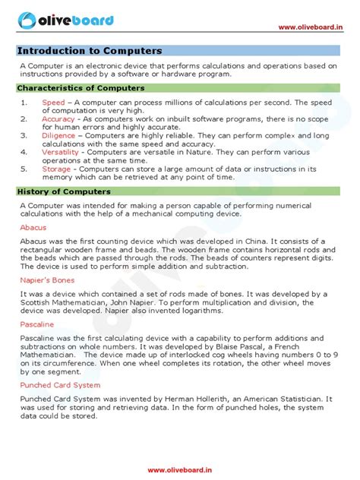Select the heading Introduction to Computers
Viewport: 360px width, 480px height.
coord(90,51)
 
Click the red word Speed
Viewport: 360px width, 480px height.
coord(53,102)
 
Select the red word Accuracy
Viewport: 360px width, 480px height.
coord(58,119)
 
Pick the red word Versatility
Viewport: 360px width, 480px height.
coord(61,152)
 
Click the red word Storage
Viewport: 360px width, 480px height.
coord(55,169)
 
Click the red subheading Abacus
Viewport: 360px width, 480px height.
coord(33,226)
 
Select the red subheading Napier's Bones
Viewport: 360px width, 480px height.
coord(47,280)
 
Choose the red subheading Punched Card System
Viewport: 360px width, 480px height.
coord(59,385)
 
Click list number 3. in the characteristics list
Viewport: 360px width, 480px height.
coord(24,135)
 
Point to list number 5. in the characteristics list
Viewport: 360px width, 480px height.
coord(24,169)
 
